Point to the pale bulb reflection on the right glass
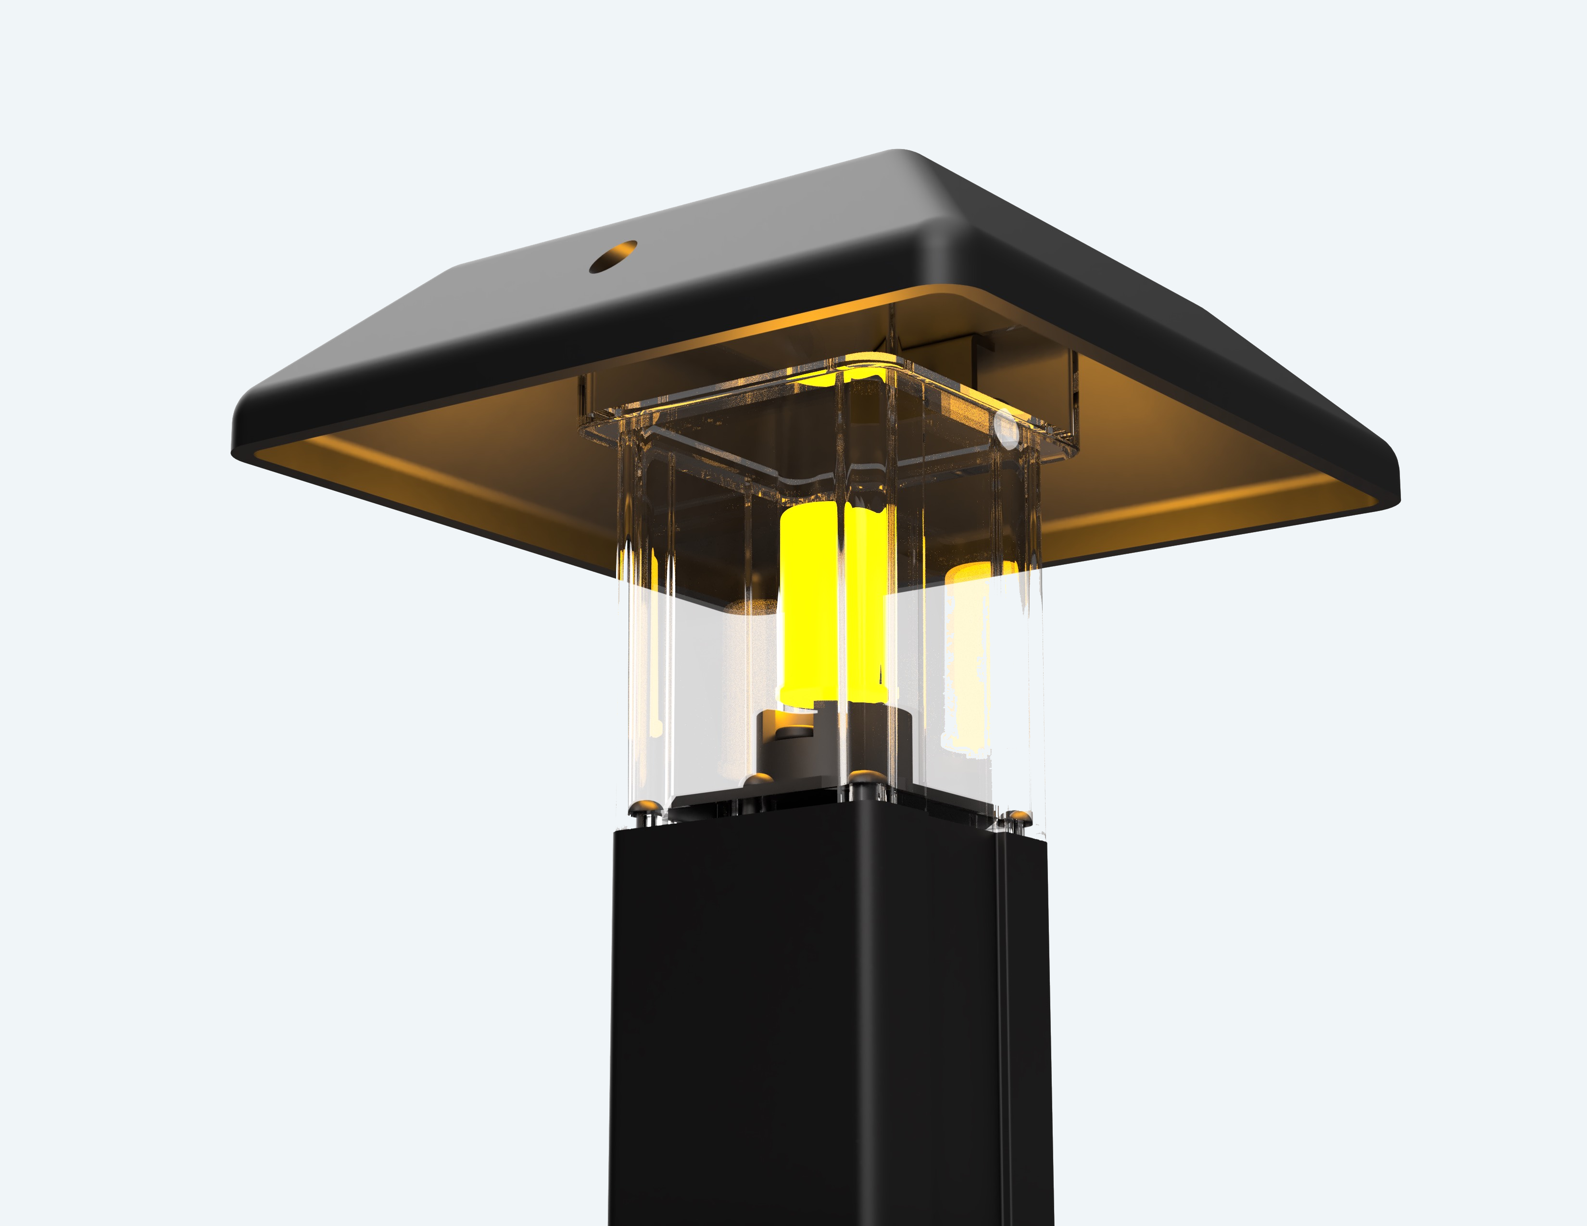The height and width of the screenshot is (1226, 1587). pos(970,654)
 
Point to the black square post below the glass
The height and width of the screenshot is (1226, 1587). pos(829,1017)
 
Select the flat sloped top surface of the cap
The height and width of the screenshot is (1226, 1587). pos(727,290)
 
